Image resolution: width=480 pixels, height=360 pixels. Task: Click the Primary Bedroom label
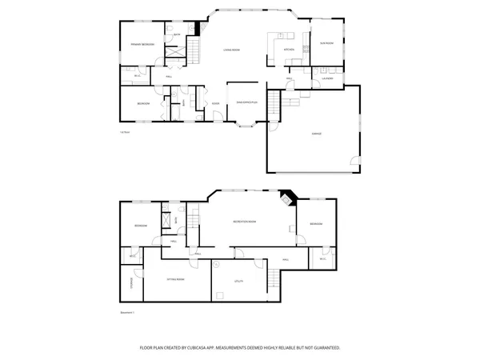tap(142, 44)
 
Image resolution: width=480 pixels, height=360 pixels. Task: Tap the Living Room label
tap(231, 50)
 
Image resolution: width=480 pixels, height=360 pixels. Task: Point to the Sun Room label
tap(326, 42)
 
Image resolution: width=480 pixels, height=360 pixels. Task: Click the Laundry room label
tap(327, 78)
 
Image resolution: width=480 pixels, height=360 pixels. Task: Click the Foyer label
tap(215, 103)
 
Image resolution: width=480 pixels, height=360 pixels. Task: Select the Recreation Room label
tap(244, 221)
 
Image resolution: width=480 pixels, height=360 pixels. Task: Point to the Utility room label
tap(238, 282)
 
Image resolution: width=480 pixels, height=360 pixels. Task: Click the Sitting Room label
tap(175, 279)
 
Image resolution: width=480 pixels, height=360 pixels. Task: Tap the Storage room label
tap(131, 282)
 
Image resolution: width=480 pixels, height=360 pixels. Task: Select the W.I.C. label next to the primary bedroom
tap(138, 76)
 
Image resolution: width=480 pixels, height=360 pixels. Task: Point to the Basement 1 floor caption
tap(126, 312)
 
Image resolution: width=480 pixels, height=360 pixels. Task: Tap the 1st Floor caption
tap(124, 132)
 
